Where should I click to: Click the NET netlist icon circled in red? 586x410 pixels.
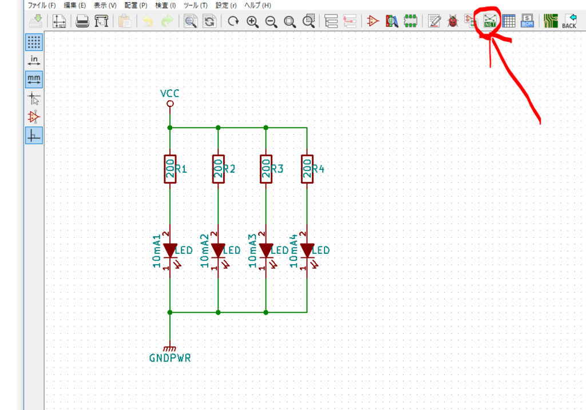(490, 21)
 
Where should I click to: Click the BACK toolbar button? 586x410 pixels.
(569, 21)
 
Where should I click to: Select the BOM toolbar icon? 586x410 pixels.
(527, 21)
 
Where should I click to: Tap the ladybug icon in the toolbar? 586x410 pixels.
(453, 21)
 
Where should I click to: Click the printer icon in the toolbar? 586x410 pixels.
(82, 21)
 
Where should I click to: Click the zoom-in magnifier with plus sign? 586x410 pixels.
(252, 22)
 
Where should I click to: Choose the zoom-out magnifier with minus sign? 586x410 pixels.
(271, 22)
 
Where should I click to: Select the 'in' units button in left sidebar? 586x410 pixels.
(34, 61)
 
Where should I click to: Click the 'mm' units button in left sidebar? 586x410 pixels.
(34, 79)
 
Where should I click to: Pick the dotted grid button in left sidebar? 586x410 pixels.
(34, 42)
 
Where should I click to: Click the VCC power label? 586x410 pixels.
(169, 93)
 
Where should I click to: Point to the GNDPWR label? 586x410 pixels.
(170, 358)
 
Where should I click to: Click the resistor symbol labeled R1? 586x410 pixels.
(170, 169)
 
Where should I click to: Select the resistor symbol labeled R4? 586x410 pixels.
(307, 169)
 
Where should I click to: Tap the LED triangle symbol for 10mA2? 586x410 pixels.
(218, 250)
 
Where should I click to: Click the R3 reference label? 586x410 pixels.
(278, 169)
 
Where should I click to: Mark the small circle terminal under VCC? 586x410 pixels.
(170, 104)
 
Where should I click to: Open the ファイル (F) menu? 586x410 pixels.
(42, 5)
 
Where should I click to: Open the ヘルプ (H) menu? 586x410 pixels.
(258, 5)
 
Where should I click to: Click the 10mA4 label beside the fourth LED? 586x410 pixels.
(294, 251)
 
